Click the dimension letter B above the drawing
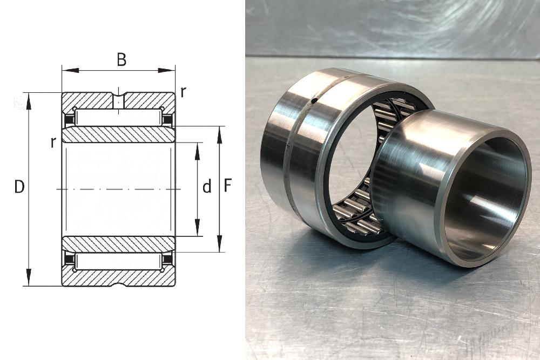point(122,59)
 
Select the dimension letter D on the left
point(19,187)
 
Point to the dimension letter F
point(228,186)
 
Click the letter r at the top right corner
point(184,92)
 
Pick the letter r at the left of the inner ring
point(53,142)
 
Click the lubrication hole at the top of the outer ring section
point(118,100)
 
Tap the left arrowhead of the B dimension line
point(70,71)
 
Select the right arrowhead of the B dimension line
point(167,71)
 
